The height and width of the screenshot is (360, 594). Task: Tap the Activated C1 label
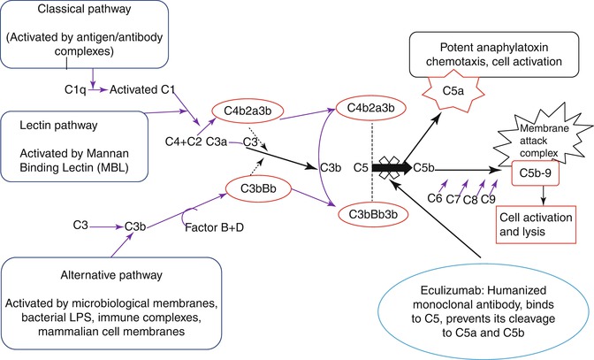click(140, 89)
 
